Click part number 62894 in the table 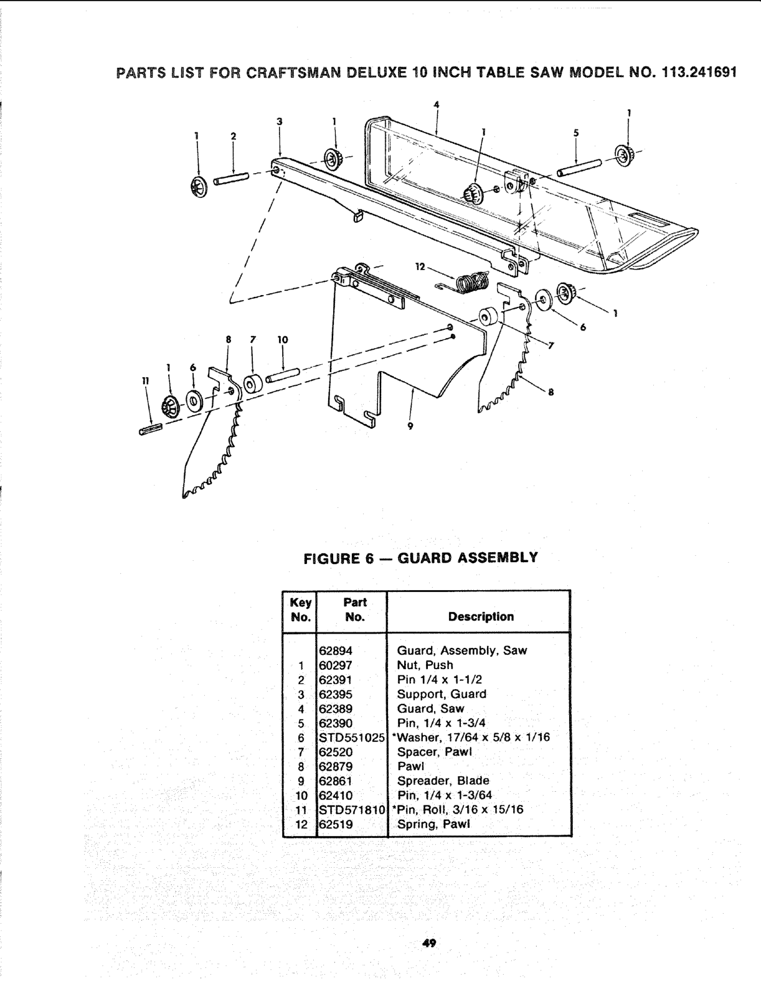coord(336,651)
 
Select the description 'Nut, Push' coord(425,665)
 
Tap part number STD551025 coord(351,738)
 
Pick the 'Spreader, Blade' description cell coord(443,781)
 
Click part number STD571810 coord(351,810)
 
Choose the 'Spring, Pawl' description coord(434,824)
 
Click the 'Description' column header coord(481,617)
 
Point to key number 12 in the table coord(301,824)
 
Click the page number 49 coord(428,944)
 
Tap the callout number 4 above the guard coord(437,105)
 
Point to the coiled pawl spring coord(473,281)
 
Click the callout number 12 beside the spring coord(420,266)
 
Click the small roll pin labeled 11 coord(151,428)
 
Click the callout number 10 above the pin coord(283,340)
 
